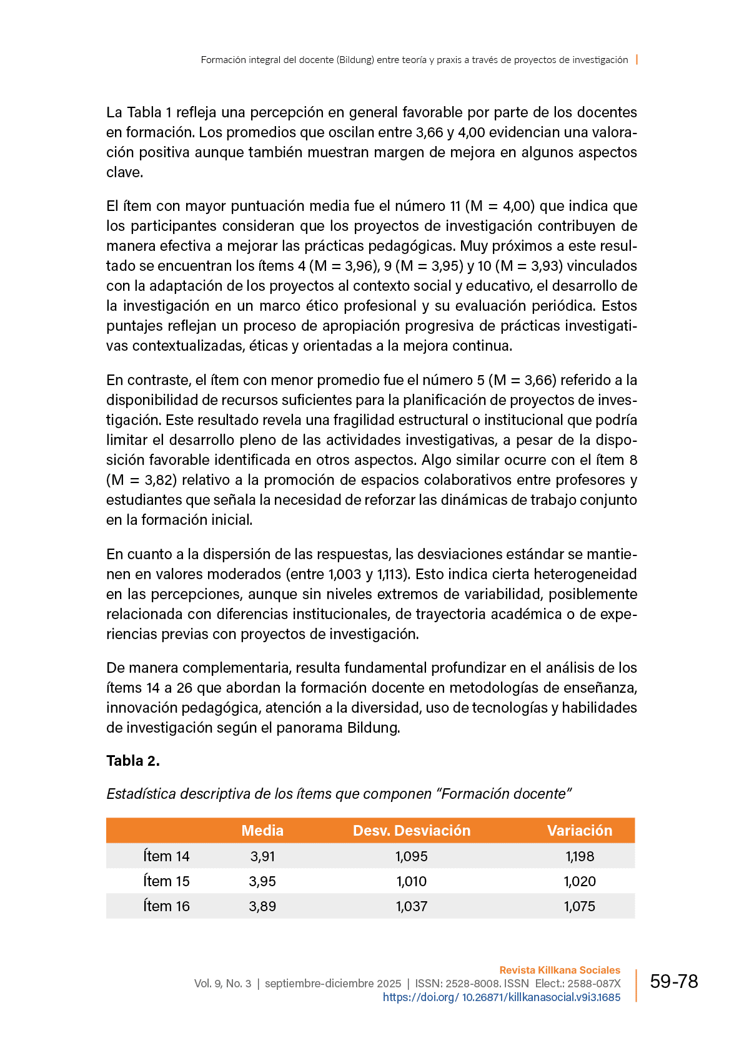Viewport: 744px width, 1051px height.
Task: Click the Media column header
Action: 262,831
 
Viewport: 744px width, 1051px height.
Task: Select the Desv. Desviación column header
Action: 412,831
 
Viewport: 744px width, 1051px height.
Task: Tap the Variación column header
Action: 580,831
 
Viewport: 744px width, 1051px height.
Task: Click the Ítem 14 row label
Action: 166,856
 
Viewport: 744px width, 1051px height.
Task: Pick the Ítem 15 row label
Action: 166,881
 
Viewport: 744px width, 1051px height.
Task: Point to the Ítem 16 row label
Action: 166,906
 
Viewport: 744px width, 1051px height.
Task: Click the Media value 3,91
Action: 262,856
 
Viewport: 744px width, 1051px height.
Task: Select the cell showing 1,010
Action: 412,881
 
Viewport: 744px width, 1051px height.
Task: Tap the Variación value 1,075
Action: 580,906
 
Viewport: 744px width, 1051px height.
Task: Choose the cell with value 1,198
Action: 580,856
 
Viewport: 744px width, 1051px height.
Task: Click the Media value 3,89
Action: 262,906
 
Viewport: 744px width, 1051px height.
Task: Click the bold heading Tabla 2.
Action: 133,761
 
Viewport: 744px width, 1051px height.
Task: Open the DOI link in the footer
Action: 502,997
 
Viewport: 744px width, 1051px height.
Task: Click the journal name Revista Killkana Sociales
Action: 560,970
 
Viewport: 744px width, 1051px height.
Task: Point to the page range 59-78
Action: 674,982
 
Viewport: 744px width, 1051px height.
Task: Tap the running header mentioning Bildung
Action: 414,60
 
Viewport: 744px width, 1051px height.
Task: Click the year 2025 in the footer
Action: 389,984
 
